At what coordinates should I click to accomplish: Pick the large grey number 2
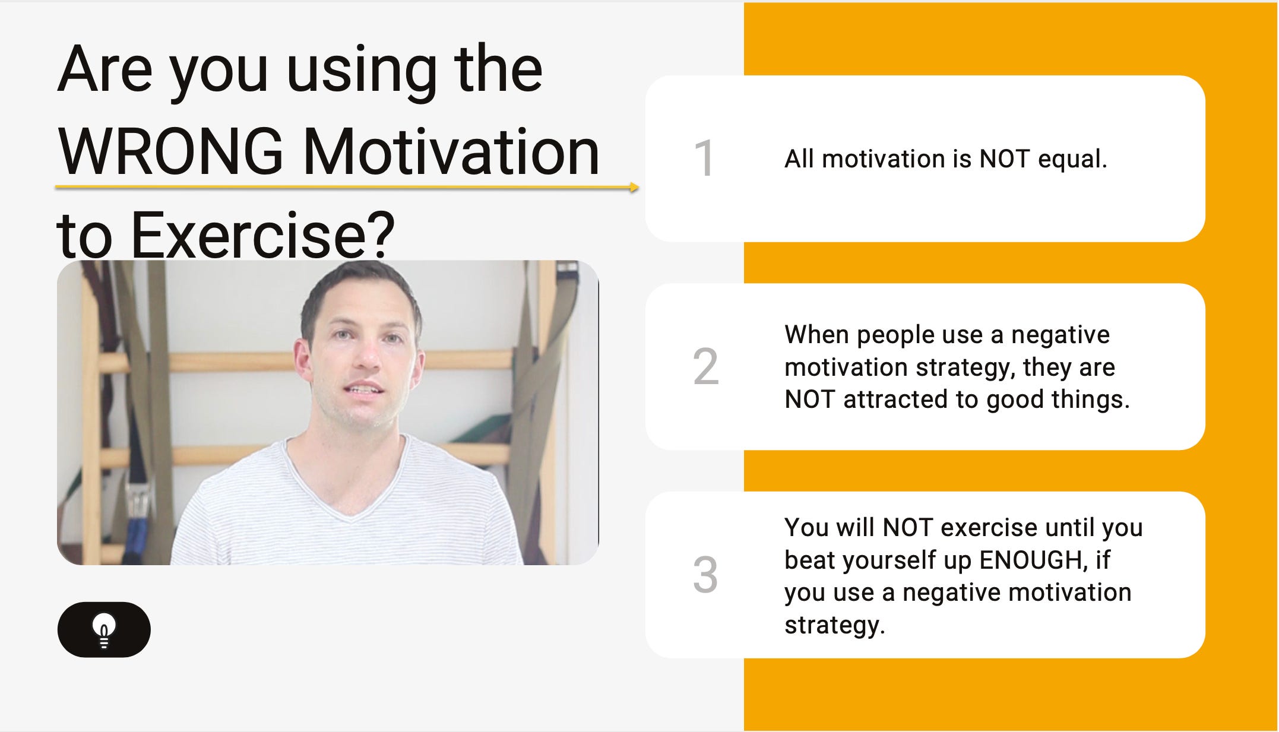pos(705,366)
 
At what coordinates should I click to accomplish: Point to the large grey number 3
pos(705,575)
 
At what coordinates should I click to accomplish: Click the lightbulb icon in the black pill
pos(105,630)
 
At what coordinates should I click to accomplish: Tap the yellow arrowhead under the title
pos(634,188)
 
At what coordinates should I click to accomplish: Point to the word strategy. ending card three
pos(834,626)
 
